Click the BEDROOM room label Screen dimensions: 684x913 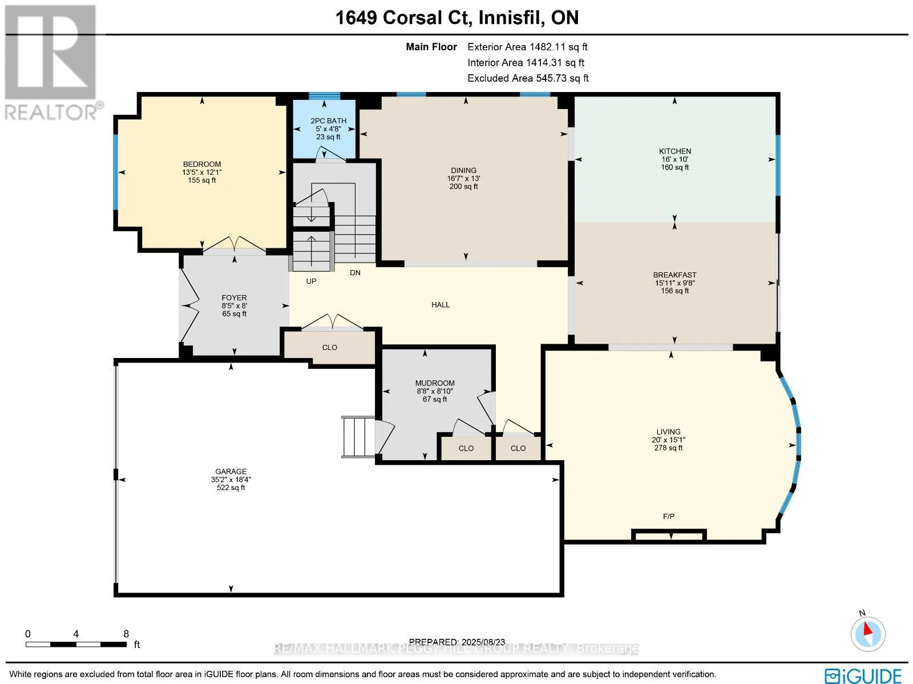click(x=202, y=164)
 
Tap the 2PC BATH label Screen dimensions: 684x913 click(x=328, y=120)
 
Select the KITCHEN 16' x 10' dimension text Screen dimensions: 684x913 click(x=675, y=159)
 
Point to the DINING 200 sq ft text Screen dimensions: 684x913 click(x=463, y=187)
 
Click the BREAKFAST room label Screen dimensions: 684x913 click(x=675, y=275)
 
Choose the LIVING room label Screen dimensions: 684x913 click(x=668, y=432)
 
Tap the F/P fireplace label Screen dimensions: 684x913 click(x=669, y=516)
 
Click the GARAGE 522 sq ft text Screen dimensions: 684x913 click(x=231, y=488)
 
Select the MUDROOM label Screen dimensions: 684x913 click(x=435, y=383)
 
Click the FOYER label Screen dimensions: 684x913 click(x=234, y=297)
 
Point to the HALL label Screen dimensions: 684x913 click(x=441, y=305)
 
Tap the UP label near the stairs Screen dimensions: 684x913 click(x=311, y=281)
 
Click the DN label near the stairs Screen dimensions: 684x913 click(x=355, y=273)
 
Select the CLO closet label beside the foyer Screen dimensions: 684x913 click(x=330, y=347)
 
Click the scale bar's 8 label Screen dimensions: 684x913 click(x=126, y=634)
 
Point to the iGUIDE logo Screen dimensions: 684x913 click(x=863, y=675)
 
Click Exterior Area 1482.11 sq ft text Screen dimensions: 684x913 click(x=527, y=47)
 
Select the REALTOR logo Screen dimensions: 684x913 click(x=51, y=63)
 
